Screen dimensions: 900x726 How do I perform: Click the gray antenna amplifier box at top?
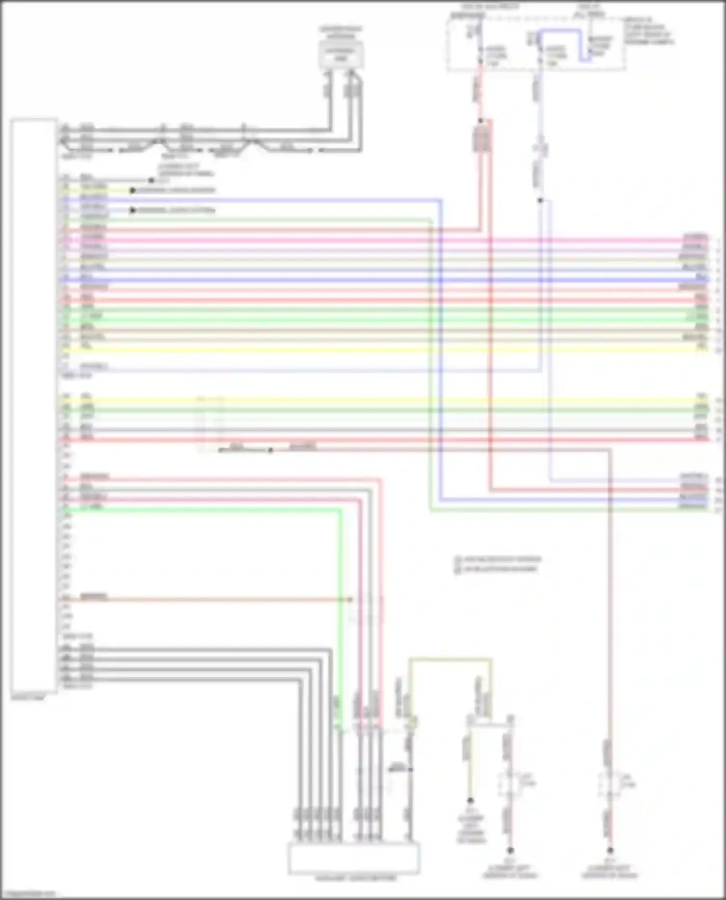(x=341, y=54)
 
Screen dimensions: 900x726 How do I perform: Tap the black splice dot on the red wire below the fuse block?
(x=481, y=119)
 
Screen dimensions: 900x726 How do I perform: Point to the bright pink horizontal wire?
(x=387, y=240)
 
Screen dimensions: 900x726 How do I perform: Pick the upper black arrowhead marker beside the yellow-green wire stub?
(x=132, y=191)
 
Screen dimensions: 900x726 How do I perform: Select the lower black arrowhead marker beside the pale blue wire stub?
(x=132, y=210)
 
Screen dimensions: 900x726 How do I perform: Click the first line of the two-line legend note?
(x=499, y=560)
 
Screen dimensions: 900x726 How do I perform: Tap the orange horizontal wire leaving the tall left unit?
(x=218, y=600)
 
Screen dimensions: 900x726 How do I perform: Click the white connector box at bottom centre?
(x=354, y=858)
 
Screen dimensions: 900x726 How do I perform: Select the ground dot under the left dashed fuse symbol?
(x=510, y=850)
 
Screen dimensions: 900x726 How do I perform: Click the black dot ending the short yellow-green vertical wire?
(x=470, y=801)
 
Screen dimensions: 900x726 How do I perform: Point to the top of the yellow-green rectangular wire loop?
(x=450, y=659)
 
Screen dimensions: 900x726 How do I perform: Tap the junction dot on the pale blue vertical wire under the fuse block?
(x=540, y=200)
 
